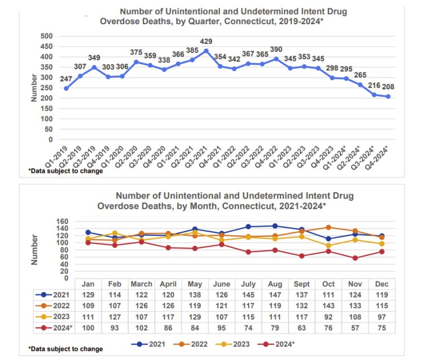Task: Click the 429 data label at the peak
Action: tap(206, 42)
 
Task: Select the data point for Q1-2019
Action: tap(66, 88)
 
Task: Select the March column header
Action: tap(141, 284)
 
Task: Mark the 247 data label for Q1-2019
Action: tap(66, 79)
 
